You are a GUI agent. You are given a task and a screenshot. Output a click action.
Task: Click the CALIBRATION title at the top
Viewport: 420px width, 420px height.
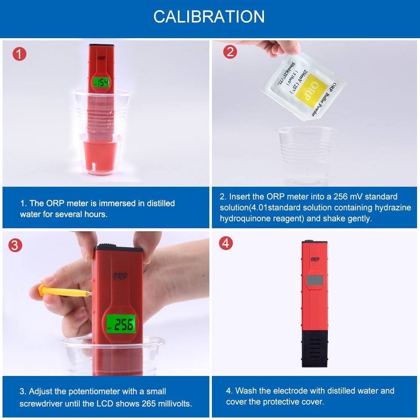209,16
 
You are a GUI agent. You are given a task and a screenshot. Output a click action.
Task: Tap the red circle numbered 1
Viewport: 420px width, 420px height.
19,54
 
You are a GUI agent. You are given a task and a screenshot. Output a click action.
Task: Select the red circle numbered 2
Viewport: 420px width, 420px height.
230,52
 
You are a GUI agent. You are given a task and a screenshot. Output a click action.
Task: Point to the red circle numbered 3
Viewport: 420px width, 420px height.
16,245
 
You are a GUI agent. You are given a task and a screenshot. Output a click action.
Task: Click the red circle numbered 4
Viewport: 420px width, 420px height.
226,243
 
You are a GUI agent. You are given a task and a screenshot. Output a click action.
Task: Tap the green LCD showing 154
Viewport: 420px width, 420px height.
101,82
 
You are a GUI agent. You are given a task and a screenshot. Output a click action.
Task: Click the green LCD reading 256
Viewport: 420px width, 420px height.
121,324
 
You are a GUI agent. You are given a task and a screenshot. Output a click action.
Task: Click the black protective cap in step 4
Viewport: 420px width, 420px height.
315,347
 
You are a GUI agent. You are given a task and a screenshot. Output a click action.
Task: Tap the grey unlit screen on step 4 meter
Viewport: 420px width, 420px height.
314,280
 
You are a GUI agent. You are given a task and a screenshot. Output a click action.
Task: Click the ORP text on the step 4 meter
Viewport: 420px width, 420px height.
314,259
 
